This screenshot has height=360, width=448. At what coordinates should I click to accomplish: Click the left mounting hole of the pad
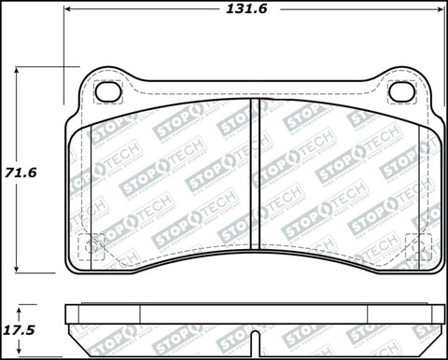[109, 91]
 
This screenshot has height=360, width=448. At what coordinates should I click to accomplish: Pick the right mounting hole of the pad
[401, 91]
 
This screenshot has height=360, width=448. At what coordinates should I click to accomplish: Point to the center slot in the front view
[255, 177]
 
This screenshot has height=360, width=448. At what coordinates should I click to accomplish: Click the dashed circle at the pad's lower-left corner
[91, 248]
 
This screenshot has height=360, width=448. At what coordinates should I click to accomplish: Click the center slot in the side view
[255, 314]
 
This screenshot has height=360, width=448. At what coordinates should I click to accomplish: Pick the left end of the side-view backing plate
[67, 314]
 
